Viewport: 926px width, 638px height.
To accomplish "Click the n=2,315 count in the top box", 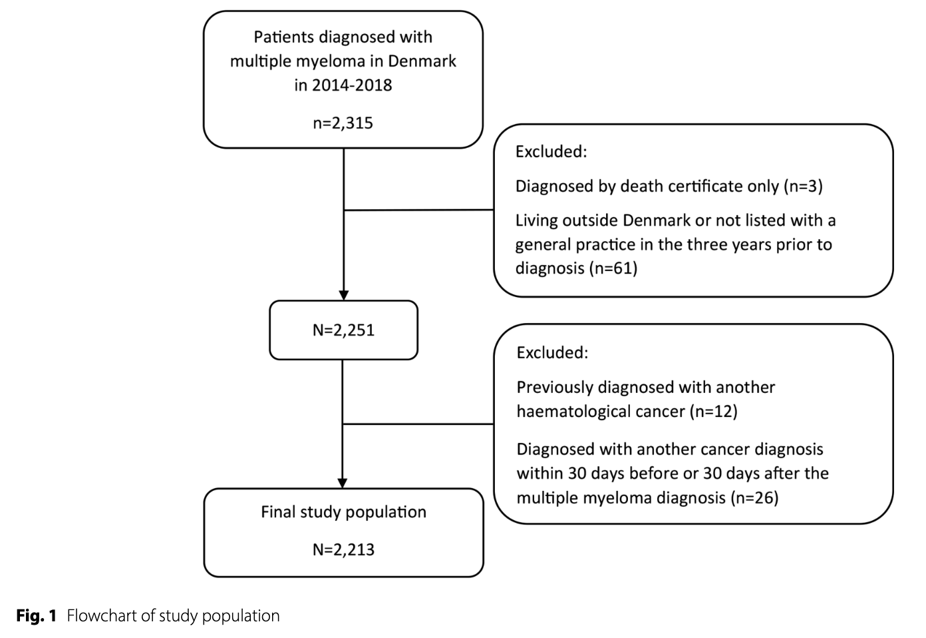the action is tap(343, 123).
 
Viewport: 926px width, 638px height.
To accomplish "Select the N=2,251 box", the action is tap(343, 330).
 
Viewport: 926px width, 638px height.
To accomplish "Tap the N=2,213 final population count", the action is tap(343, 549).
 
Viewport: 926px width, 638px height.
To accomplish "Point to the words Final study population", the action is tap(343, 512).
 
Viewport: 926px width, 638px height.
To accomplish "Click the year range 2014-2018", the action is tap(352, 85).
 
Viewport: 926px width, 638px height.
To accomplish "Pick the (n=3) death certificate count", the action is tap(803, 186).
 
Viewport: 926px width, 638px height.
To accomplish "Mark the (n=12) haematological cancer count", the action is tap(714, 412).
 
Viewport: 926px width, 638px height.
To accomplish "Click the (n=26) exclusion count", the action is tap(754, 497).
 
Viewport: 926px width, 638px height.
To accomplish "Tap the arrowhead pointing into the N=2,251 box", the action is tap(343, 296).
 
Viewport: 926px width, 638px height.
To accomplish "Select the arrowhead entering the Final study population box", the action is tap(343, 483).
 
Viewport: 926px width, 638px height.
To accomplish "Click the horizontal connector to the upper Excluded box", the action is tap(419, 210).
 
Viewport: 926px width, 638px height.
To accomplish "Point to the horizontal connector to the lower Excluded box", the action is tap(418, 424).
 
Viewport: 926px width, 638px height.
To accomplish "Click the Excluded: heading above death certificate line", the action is tap(551, 151).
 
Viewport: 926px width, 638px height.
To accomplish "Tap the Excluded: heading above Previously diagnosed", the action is tap(552, 352).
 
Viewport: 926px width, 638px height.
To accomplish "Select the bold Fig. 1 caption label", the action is tap(37, 615).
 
